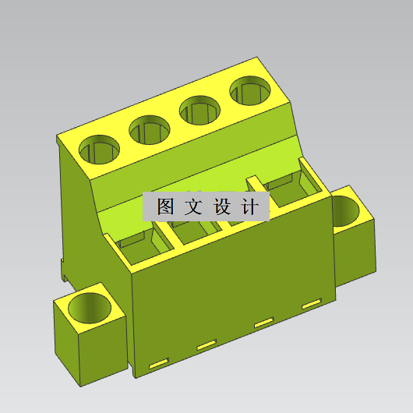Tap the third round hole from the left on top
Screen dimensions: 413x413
pos(202,109)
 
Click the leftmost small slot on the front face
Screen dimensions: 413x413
pos(159,362)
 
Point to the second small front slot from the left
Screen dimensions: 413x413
pos(206,344)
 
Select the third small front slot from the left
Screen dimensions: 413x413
pos(263,323)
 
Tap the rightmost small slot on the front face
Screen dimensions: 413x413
pos(311,302)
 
